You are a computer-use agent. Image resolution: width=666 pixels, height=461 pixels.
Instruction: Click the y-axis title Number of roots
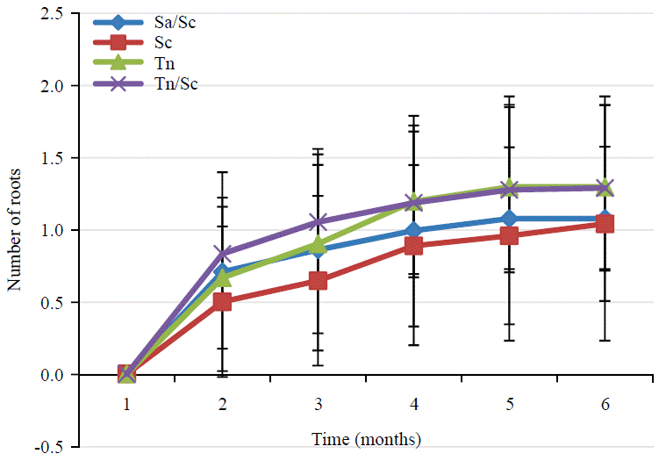(x=15, y=228)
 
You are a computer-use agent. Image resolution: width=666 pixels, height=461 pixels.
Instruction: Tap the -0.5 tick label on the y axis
(x=51, y=447)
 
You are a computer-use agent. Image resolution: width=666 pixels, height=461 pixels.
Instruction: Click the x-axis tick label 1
(x=126, y=404)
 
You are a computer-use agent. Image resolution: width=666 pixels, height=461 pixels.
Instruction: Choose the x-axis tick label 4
(x=413, y=404)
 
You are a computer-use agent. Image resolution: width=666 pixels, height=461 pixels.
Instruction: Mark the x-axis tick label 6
(x=605, y=404)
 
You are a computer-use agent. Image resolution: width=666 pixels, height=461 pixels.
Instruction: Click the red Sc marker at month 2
(x=222, y=302)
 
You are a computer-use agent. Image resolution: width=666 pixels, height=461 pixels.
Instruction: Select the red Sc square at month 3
(x=318, y=281)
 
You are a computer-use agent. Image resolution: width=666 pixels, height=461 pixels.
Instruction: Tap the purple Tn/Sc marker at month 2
(x=222, y=254)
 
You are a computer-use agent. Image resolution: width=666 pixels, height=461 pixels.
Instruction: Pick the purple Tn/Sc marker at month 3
(x=318, y=222)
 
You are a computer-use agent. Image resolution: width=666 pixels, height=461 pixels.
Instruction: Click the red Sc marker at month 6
(x=605, y=224)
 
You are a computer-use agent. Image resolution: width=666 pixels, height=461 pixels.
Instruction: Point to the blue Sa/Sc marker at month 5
(x=509, y=219)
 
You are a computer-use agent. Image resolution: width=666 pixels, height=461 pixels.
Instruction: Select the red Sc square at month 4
(x=413, y=246)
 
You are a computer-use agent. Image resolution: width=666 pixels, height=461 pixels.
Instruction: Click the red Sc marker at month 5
(x=509, y=236)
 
